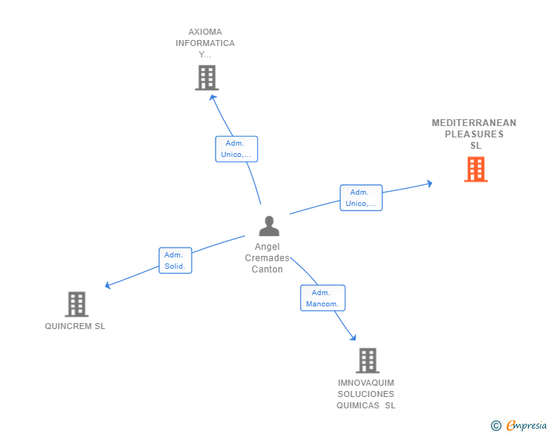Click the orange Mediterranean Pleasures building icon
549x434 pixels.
[476, 169]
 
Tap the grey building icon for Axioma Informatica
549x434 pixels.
[207, 78]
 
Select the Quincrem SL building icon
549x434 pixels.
[77, 304]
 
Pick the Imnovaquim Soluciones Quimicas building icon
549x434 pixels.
[368, 360]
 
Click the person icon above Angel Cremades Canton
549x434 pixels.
[269, 226]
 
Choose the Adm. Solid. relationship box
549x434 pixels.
[175, 260]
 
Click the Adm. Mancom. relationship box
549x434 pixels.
[323, 298]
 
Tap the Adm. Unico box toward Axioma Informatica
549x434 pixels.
[236, 149]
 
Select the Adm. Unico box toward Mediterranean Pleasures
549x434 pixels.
[361, 198]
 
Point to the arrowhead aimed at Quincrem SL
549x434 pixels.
[108, 285]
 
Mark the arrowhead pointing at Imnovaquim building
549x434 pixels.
[353, 337]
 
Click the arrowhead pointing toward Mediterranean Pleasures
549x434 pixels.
[430, 183]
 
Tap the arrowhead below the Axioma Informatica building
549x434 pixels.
[213, 97]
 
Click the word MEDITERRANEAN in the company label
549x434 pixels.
[474, 123]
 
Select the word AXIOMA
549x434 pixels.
[205, 32]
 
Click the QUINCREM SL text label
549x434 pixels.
[75, 326]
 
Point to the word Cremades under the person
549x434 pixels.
[267, 258]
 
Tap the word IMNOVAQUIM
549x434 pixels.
[366, 383]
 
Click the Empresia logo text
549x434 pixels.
[526, 425]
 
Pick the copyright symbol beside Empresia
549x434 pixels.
[496, 426]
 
